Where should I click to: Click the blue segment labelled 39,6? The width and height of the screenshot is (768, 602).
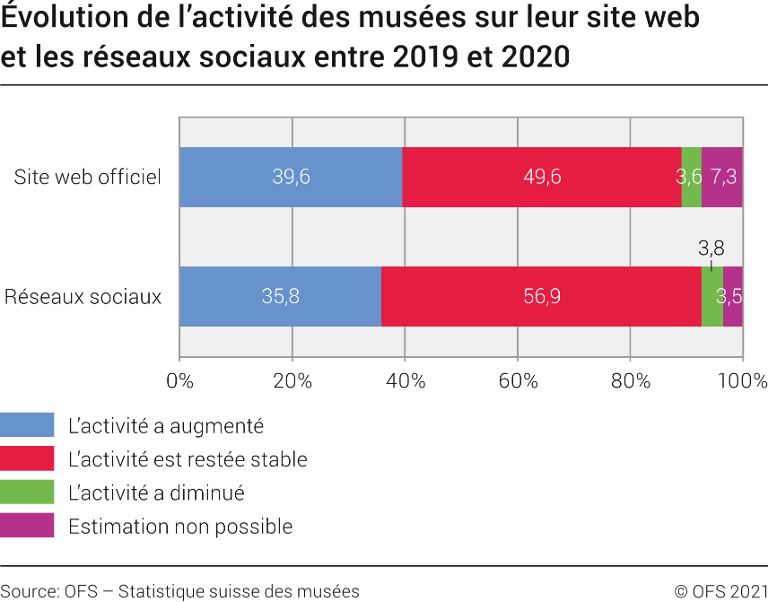291,177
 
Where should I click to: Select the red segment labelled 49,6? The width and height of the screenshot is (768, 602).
542,177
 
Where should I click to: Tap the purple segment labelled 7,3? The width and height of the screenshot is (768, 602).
722,177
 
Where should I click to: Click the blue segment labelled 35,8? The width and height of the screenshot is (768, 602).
280,296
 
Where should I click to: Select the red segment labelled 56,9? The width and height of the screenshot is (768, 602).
541,296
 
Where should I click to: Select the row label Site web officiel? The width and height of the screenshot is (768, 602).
88,177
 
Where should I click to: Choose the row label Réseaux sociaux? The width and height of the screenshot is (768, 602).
83,296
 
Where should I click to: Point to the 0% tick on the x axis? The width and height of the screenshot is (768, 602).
180,380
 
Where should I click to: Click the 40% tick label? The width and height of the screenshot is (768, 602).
406,380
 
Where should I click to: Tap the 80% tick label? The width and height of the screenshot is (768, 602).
631,380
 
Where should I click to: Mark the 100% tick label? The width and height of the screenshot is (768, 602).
741,380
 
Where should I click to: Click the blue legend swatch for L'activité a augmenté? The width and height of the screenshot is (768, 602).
27,425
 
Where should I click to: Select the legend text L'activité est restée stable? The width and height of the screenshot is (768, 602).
188,459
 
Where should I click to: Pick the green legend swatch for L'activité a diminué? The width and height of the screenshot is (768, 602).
27,493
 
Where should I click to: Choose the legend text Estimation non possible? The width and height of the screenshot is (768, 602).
180,526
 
